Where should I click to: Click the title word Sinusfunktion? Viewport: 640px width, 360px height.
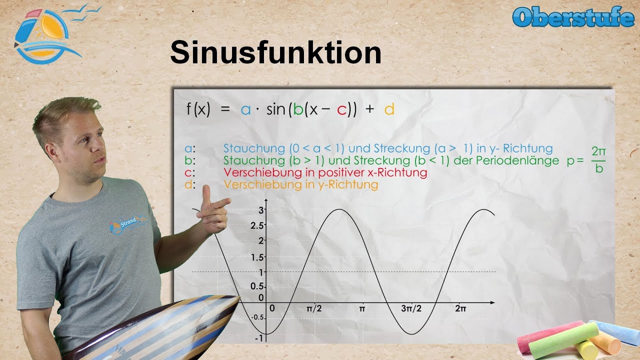coord(275,53)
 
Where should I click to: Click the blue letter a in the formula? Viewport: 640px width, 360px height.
coord(245,110)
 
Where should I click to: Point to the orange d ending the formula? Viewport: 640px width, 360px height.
coord(389,109)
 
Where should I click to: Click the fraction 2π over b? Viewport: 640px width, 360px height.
coord(598,159)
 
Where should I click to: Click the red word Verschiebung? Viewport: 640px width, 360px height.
coord(257,173)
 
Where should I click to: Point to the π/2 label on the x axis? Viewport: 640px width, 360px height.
coord(314,309)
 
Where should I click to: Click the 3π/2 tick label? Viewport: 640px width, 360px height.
coord(411,309)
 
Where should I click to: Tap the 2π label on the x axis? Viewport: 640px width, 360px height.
coord(460,309)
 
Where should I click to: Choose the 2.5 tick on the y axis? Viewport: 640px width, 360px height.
coord(257,225)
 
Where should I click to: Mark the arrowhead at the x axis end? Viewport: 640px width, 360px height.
coord(492,302)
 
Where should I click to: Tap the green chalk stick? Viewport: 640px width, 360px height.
coord(564,340)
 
